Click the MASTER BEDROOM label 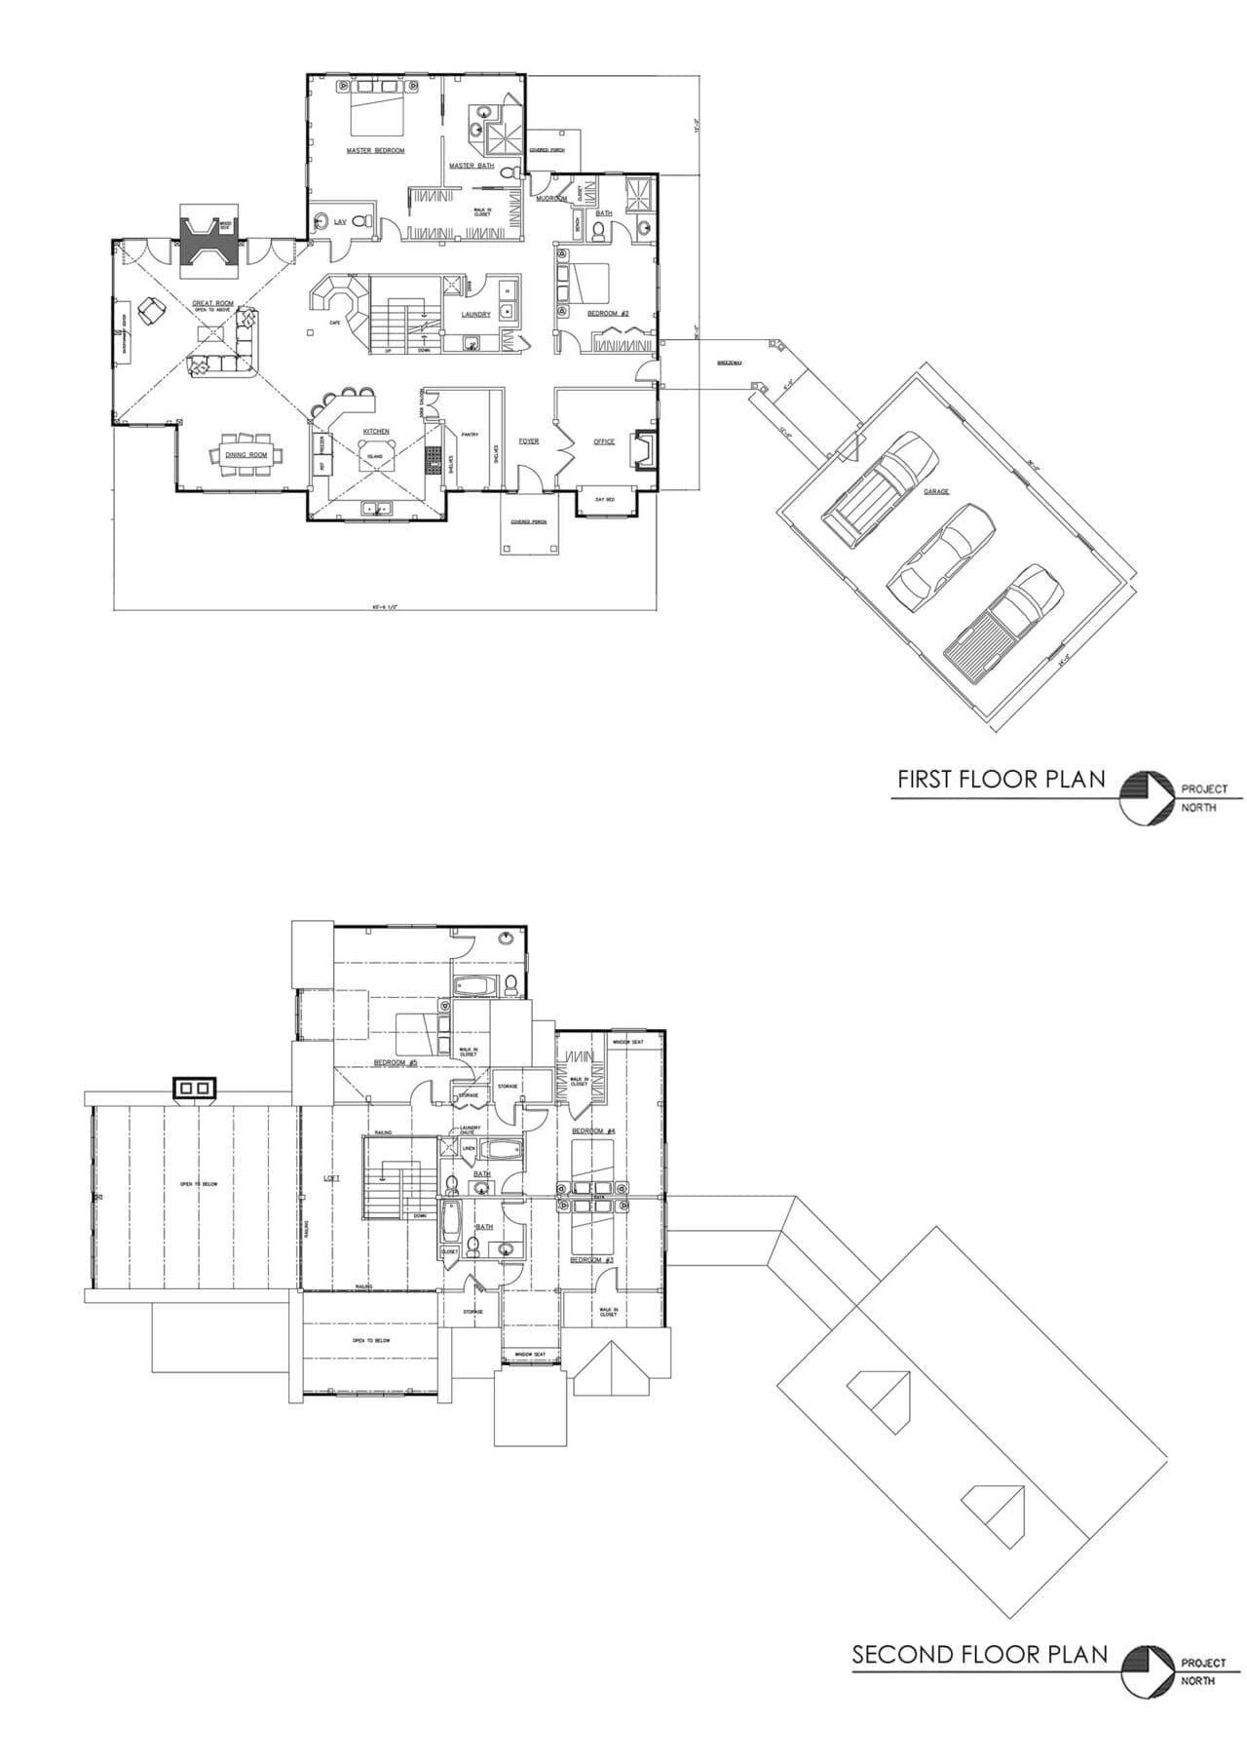click(375, 151)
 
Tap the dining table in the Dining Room click(246, 454)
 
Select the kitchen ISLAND click(375, 456)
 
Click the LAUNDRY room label click(475, 315)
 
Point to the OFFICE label click(604, 441)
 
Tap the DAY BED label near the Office click(605, 499)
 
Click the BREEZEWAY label click(730, 363)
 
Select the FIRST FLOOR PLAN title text click(1001, 779)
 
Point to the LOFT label click(332, 1178)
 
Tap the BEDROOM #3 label click(591, 1260)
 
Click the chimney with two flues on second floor click(195, 1087)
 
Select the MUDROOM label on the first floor click(551, 198)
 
